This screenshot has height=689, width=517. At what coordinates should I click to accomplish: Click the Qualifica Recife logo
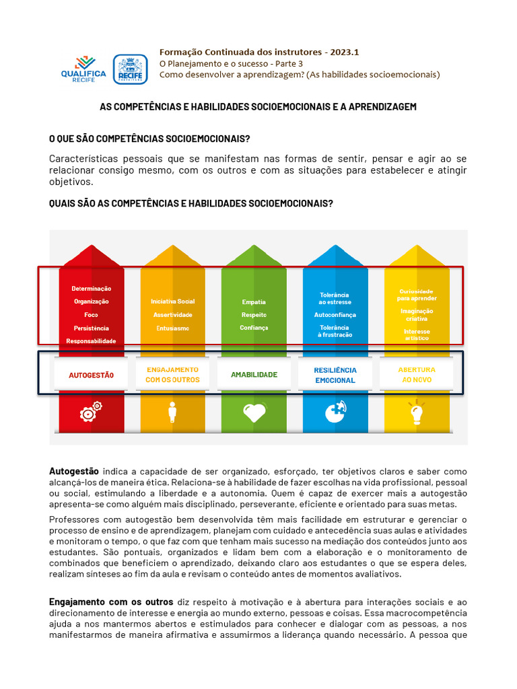[x=83, y=69]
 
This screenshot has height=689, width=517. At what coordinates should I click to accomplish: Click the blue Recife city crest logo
[x=130, y=69]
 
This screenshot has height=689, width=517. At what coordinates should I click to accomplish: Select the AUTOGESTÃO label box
[x=91, y=375]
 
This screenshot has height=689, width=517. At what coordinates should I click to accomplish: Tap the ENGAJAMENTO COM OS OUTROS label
[x=172, y=375]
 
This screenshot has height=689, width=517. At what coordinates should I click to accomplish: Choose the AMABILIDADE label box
[x=254, y=375]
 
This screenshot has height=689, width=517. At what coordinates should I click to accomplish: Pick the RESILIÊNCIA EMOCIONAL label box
[x=335, y=375]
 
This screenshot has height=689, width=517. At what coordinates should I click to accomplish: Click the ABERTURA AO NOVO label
[x=417, y=375]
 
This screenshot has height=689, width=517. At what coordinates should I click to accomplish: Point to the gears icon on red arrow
[x=91, y=411]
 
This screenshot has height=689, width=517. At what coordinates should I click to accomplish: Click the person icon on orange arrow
[x=172, y=412]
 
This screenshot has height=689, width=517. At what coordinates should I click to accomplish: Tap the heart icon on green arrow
[x=254, y=412]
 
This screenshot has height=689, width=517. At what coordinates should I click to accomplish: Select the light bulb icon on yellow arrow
[x=417, y=411]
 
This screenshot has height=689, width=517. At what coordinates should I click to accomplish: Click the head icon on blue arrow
[x=335, y=411]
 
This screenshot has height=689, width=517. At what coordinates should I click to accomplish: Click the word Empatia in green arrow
[x=254, y=302]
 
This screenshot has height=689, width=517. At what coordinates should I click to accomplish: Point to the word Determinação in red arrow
[x=91, y=288]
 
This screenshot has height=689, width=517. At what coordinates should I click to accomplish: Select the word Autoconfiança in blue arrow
[x=335, y=315]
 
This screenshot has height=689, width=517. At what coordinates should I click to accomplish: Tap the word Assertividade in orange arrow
[x=172, y=315]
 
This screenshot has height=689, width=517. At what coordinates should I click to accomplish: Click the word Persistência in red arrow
[x=91, y=328]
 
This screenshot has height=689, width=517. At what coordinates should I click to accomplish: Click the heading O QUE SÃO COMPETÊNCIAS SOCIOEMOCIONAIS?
[x=149, y=139]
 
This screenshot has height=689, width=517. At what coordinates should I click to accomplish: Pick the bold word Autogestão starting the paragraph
[x=74, y=471]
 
